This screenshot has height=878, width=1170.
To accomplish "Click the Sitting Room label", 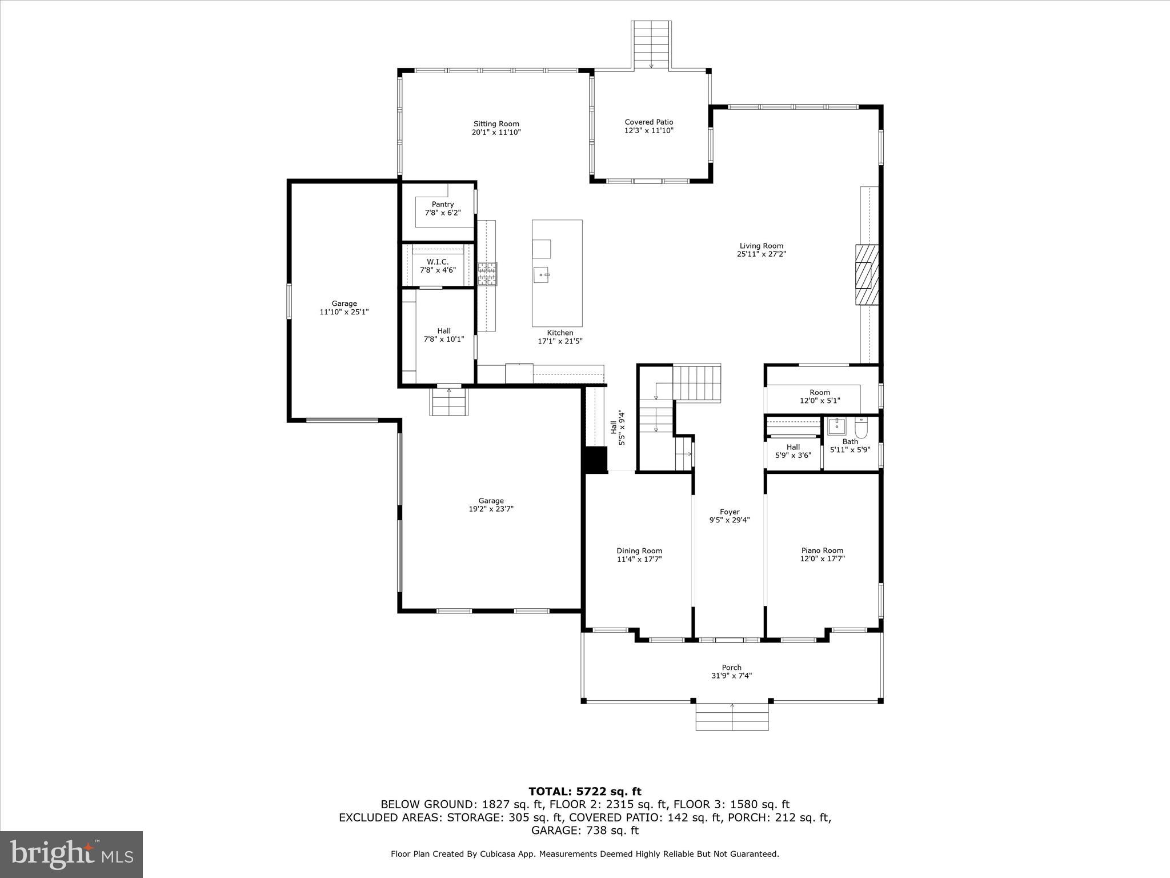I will point(496,124).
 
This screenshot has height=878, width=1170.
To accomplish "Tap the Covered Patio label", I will point(648,122).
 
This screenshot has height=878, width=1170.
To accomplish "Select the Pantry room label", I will point(443,205).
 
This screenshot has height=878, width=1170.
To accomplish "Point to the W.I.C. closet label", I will point(438,262).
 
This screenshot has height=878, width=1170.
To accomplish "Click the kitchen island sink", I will point(542,275).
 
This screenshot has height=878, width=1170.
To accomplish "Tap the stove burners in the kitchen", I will point(487,274).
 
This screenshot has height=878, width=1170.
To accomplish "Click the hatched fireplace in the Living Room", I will point(866,276).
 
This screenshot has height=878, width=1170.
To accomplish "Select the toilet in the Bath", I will point(861,428).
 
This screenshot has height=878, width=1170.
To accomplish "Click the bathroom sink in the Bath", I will point(836,426).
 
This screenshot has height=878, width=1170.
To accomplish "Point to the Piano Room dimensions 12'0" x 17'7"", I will point(822,559).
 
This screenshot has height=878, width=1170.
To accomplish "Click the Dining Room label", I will point(639,551).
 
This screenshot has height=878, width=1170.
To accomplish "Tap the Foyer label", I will point(730,512).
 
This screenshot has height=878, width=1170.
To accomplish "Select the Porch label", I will point(731,668).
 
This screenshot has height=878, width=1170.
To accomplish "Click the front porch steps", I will point(732,717).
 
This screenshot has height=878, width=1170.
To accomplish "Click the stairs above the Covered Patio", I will point(651,45).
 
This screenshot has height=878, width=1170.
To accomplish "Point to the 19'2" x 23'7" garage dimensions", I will point(491,509).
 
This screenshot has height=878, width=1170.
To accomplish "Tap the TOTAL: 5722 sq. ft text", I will point(584,792).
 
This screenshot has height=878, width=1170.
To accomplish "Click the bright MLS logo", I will point(71,854).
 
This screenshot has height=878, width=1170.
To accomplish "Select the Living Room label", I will point(761,246).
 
